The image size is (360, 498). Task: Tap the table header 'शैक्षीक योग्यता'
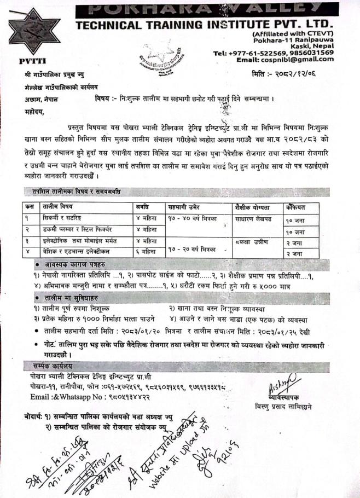click(x=252, y=207)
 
